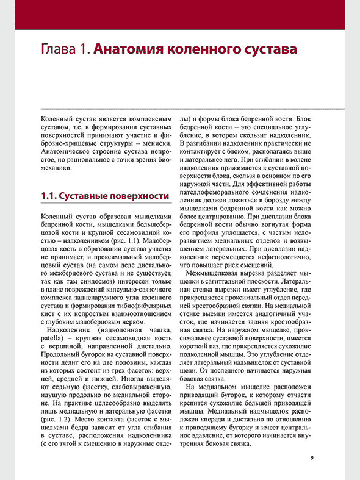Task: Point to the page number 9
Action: click(312, 458)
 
